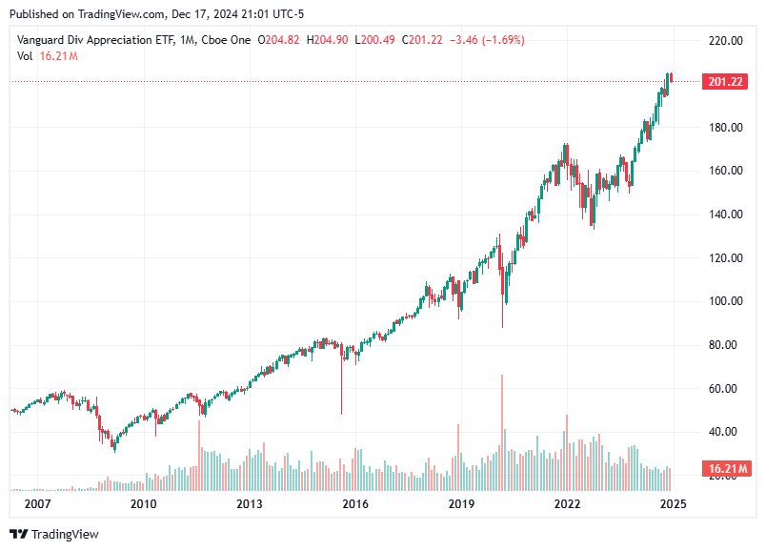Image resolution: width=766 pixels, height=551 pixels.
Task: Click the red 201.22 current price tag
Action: (725, 82)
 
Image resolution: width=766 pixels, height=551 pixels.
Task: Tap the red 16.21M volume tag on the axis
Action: (725, 468)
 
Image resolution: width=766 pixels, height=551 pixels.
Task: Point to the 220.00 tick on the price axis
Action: (724, 41)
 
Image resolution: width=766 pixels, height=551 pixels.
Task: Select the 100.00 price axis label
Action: (724, 301)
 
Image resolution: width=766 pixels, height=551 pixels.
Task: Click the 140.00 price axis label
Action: (724, 214)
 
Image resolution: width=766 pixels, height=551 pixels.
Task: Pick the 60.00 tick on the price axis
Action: (724, 389)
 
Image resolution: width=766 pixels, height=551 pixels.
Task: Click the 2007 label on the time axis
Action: (37, 503)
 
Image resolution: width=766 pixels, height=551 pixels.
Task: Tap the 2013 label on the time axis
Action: (249, 503)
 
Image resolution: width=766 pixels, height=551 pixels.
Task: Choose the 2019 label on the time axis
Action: (461, 503)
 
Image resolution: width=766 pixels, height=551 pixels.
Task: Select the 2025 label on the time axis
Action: (673, 503)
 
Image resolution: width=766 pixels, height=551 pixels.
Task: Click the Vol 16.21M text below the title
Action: (48, 56)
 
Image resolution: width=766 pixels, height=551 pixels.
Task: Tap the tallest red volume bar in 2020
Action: (501, 419)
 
